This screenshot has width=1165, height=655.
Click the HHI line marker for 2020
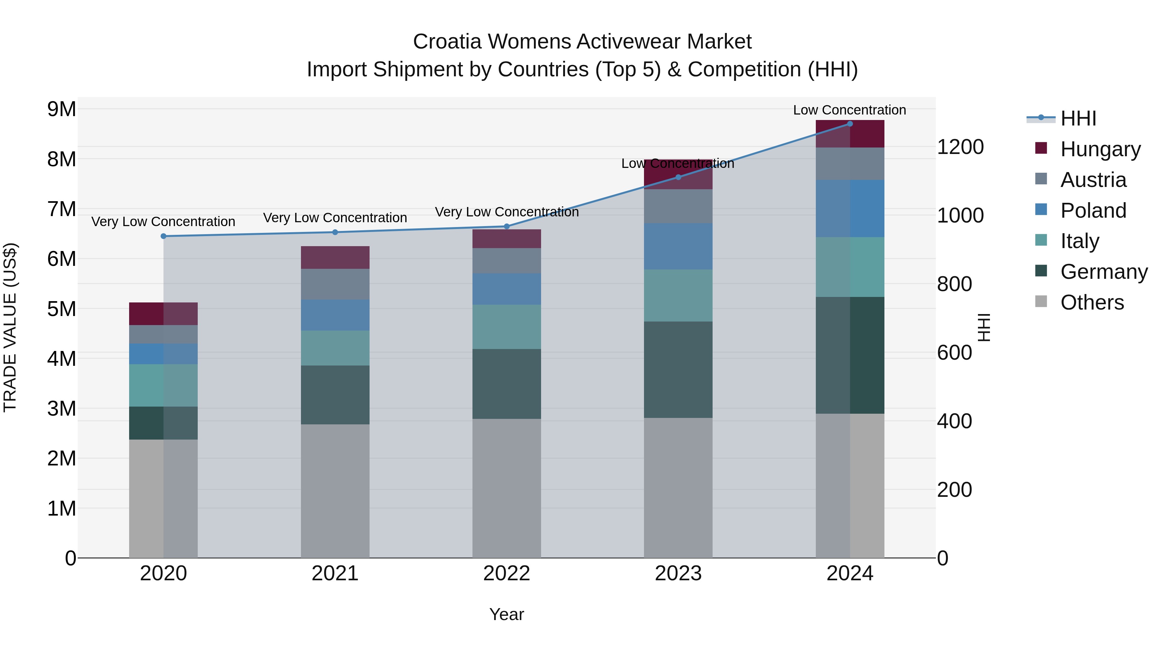click(163, 236)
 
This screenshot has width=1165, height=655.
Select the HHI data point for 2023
click(678, 177)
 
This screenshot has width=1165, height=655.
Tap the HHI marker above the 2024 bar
click(850, 124)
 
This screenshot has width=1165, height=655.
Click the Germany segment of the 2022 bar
click(506, 384)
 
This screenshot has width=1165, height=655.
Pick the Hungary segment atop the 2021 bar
click(335, 258)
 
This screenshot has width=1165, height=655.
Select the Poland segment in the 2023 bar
click(678, 246)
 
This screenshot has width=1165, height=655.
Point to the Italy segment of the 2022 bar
click(506, 327)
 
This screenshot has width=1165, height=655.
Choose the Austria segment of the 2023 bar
click(678, 206)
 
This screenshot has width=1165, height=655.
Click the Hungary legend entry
click(1100, 149)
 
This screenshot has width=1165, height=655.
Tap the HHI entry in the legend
click(1078, 118)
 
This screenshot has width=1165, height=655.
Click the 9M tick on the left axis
click(61, 109)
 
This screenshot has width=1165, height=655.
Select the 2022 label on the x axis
click(506, 573)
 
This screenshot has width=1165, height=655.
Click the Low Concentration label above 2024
click(849, 110)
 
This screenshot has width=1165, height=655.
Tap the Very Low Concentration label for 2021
click(335, 218)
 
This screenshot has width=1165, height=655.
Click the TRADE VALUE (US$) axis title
click(10, 327)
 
